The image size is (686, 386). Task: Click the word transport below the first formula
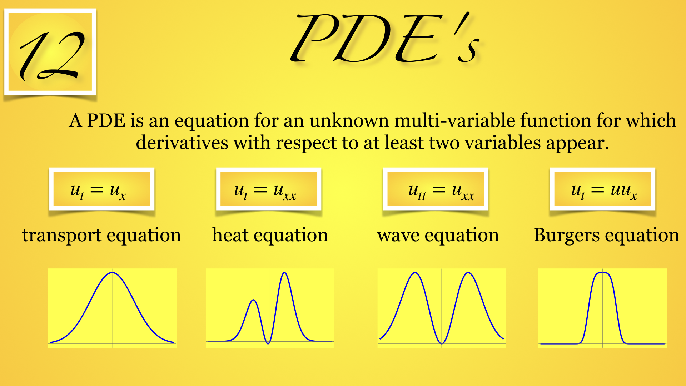[x=61, y=236]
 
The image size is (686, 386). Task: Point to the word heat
[x=230, y=235]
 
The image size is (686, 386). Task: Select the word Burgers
[x=567, y=236]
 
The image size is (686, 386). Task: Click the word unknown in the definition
[x=349, y=120]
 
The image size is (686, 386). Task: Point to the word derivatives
[x=182, y=143]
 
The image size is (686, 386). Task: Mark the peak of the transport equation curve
[x=112, y=273]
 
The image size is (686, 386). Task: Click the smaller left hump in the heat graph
[x=253, y=300]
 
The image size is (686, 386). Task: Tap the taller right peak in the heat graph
[x=285, y=273]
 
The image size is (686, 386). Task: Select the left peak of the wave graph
[x=415, y=273]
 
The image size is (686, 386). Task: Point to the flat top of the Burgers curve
[x=603, y=273]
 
